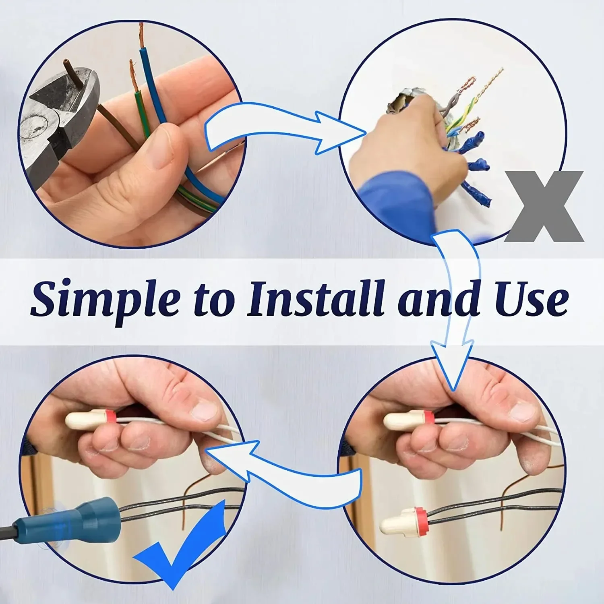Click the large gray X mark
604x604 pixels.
(x=544, y=207)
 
